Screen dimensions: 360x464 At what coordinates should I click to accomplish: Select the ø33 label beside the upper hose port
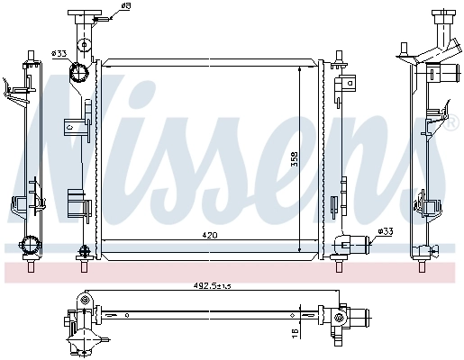click(x=59, y=52)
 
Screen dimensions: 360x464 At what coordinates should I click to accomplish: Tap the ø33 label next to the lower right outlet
click(x=385, y=232)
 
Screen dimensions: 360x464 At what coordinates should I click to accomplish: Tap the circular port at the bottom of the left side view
click(x=31, y=244)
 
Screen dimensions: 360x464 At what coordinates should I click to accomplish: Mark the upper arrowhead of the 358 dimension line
click(x=300, y=67)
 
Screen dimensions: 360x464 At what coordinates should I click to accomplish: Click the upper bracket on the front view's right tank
click(x=344, y=85)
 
